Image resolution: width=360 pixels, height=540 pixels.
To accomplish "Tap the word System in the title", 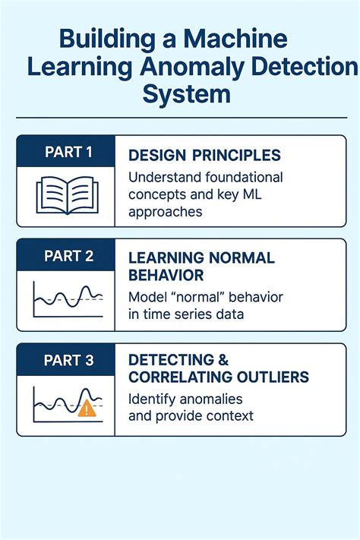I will point(186,94).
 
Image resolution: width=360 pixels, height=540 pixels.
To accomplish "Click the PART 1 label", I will point(68,152).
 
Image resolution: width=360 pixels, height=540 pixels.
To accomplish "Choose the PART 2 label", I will point(68,256).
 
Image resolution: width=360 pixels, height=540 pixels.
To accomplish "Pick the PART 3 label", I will point(68,360).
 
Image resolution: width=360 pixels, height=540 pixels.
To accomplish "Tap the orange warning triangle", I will point(88,409).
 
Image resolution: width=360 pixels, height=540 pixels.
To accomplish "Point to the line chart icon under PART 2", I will point(68,299).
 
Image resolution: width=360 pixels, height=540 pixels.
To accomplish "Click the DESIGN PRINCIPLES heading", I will point(204,156).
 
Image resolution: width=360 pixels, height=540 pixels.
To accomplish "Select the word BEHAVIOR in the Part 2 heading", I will point(166,274).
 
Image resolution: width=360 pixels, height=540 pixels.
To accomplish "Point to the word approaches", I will point(165,212).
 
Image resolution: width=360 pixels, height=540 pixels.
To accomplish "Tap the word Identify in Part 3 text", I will point(150,399).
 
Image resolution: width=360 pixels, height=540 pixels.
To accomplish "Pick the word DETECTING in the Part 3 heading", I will point(170,360).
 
